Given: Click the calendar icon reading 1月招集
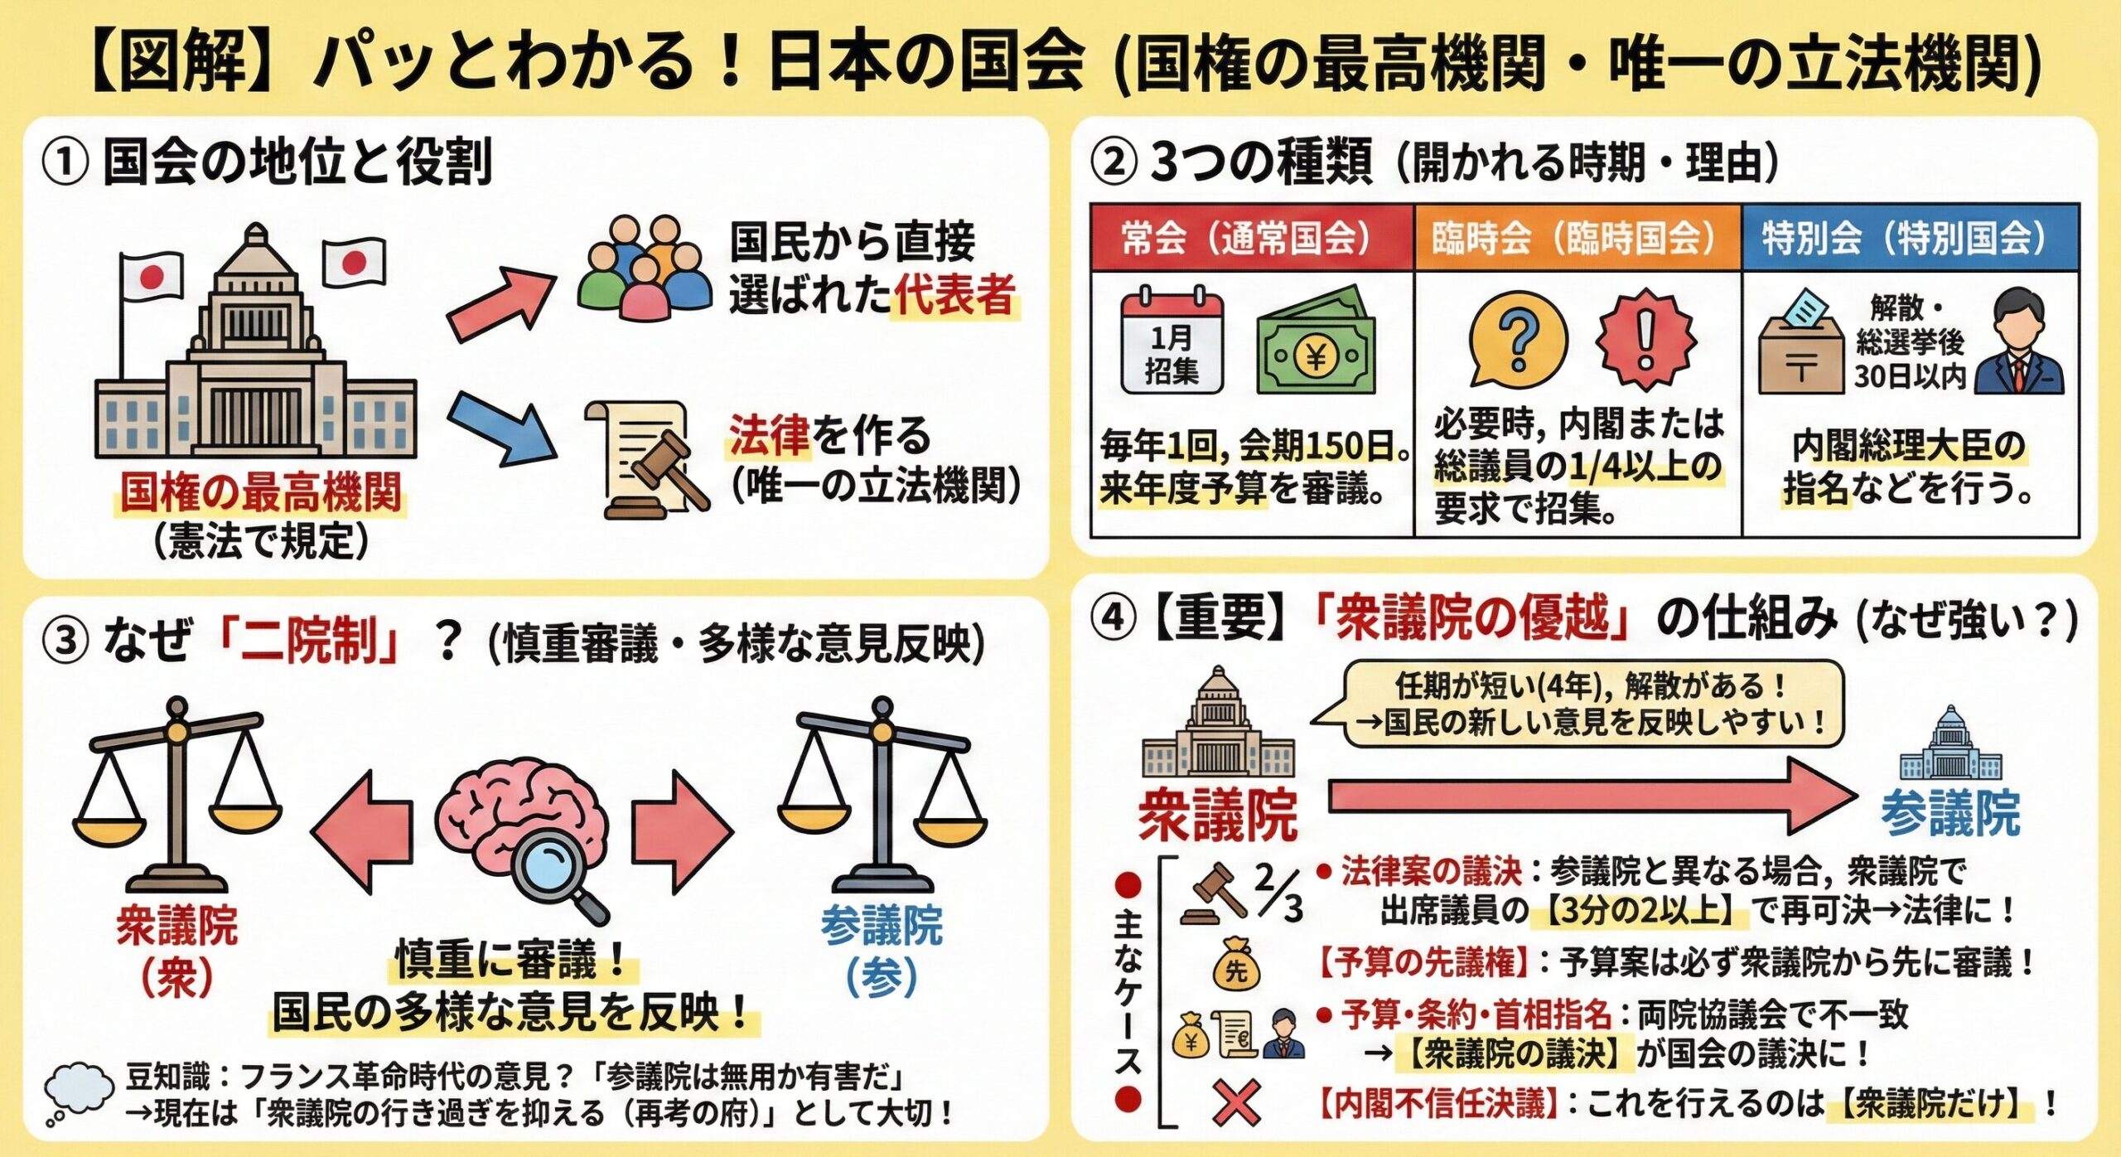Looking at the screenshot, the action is click(x=1172, y=340).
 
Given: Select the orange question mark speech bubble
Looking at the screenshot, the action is click(x=1518, y=338).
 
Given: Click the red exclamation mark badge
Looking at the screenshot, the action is click(x=1646, y=338).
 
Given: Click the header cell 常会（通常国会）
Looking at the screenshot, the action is click(x=1252, y=238).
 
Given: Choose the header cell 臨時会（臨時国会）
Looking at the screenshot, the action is click(x=1577, y=238).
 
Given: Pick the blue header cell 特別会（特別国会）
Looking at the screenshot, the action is click(x=1911, y=238).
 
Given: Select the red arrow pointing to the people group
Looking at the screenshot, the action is click(x=502, y=304).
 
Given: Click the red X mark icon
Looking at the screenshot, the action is click(x=1237, y=1103).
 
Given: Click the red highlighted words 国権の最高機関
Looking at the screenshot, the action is click(x=261, y=491).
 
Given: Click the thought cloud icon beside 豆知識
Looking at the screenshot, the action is click(x=79, y=1092).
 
